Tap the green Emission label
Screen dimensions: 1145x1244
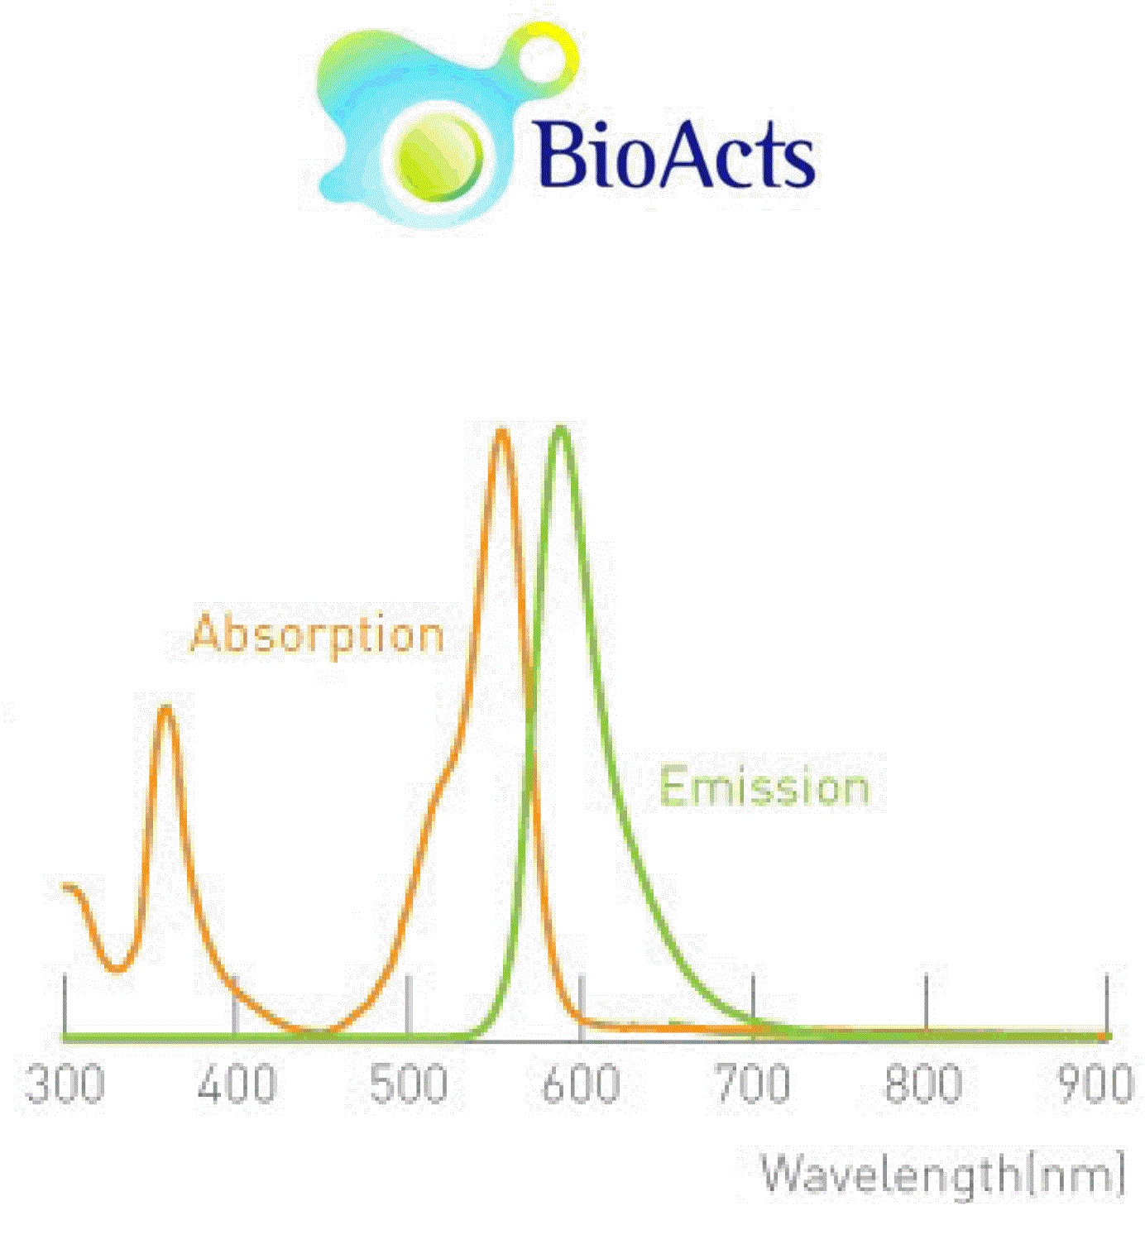pyautogui.click(x=764, y=787)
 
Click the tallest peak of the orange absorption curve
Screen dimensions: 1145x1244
pyautogui.click(x=501, y=430)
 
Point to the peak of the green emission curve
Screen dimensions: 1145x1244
pyautogui.click(x=561, y=428)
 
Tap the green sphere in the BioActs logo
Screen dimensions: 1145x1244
pyautogui.click(x=439, y=157)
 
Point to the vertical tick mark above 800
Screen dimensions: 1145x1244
pyautogui.click(x=926, y=1004)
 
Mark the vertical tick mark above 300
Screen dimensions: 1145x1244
pyautogui.click(x=65, y=1004)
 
